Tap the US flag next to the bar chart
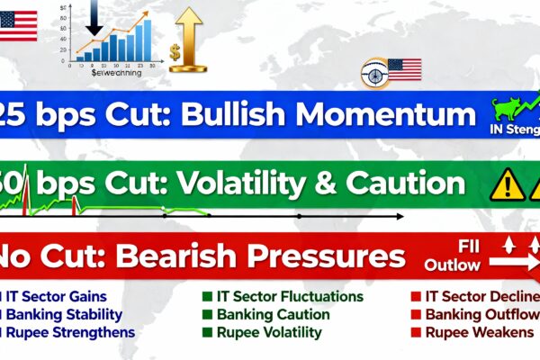click(19, 24)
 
